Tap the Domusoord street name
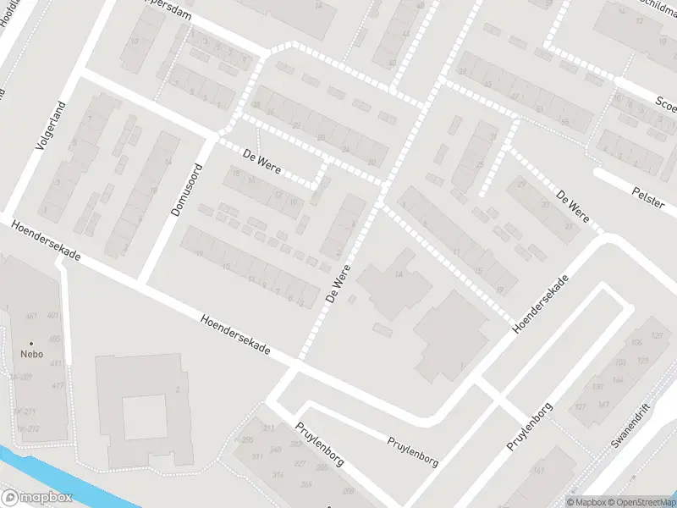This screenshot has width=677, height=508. (x=186, y=189)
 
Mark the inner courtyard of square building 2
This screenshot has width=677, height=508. (x=145, y=417)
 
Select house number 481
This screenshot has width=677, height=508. (x=31, y=317)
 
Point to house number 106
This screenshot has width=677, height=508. (x=637, y=343)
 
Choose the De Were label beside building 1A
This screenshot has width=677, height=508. (x=338, y=284)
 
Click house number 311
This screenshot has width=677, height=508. (x=269, y=429)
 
